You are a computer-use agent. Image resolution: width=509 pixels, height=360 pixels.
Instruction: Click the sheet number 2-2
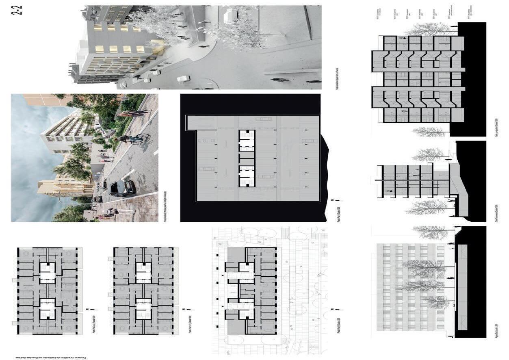[17, 10]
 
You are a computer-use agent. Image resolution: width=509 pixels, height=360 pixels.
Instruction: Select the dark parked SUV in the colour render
[123, 188]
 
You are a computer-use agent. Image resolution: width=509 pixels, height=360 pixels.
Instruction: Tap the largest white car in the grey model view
[184, 78]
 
